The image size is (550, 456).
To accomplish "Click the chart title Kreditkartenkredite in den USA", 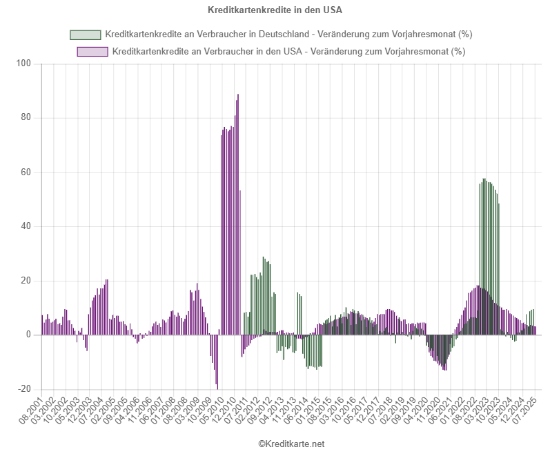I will point(275,10).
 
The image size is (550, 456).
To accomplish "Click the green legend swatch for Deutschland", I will point(85,34).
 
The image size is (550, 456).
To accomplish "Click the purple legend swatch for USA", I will point(92,52).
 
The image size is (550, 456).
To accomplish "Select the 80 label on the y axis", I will point(27,118).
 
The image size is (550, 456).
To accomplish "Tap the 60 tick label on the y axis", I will point(27,172).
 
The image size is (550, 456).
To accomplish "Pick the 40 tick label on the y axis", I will point(27,226).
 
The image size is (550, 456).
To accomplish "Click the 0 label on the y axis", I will point(30,335).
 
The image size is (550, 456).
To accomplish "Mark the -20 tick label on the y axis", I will point(25,389).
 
